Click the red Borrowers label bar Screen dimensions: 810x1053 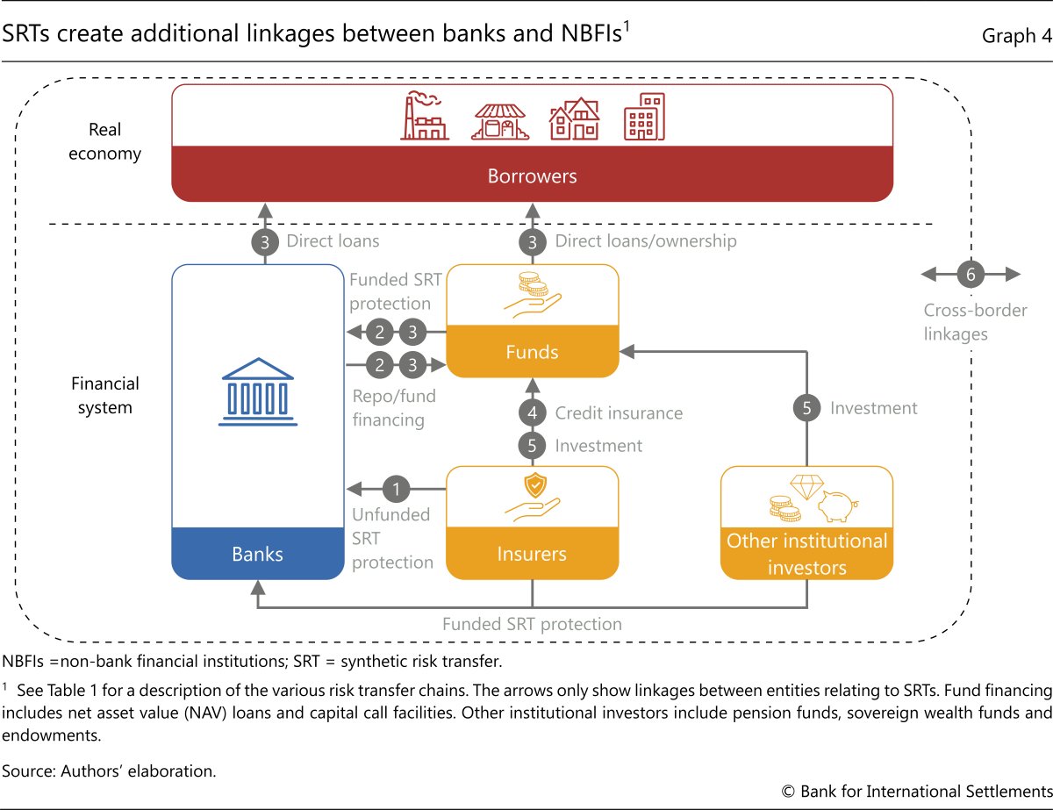(532, 176)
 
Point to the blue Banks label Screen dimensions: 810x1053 (256, 554)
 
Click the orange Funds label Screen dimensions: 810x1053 (532, 352)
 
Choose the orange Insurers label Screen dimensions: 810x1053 (533, 554)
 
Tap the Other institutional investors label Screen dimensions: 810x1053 (806, 554)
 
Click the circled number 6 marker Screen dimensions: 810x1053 (971, 275)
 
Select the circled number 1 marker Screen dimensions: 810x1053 (398, 488)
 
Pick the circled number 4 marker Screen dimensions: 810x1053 (533, 412)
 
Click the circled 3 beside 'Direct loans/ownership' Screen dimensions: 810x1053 (533, 241)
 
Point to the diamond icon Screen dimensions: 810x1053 (805, 485)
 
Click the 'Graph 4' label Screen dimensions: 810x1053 (1009, 36)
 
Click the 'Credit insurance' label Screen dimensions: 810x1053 (619, 412)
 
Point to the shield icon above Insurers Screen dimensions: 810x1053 (533, 484)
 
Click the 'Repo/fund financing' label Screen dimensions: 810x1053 (394, 408)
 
